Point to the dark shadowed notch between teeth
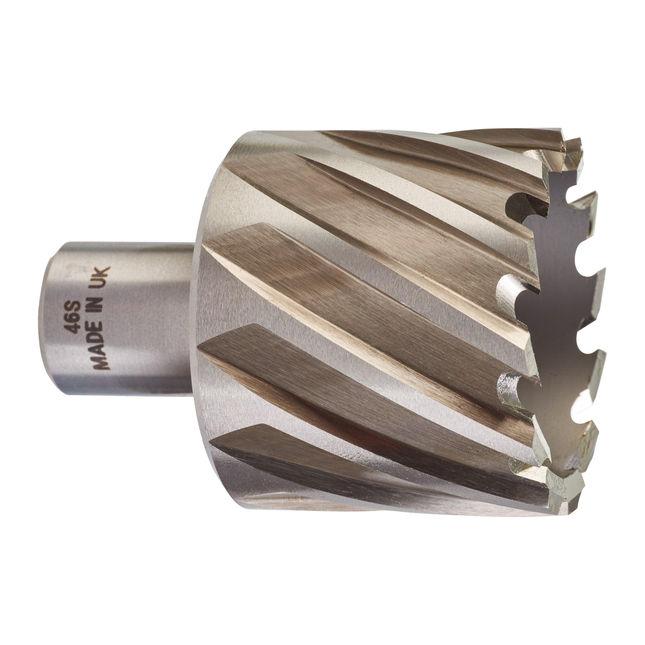tap(524, 204)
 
